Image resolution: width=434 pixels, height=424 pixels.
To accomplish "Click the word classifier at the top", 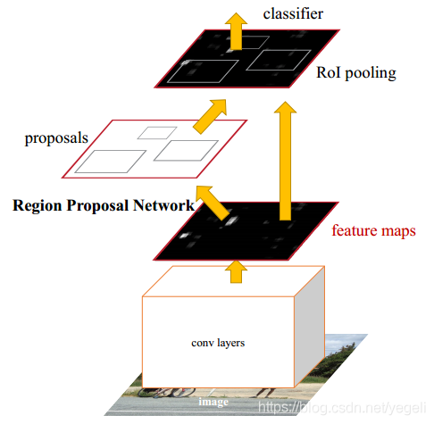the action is [x=293, y=13].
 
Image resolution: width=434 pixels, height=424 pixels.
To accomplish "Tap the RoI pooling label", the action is [x=356, y=73].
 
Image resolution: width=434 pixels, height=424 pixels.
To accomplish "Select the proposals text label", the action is [x=56, y=138].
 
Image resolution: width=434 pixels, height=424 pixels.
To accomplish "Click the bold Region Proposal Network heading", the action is [x=104, y=205].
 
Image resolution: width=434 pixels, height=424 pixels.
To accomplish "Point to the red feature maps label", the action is [x=373, y=230].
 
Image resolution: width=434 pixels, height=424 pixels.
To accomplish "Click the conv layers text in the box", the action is [x=218, y=343].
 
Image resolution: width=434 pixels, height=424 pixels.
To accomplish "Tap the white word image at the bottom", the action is [x=213, y=402].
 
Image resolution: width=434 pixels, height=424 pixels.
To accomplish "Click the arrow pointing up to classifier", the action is [x=236, y=31].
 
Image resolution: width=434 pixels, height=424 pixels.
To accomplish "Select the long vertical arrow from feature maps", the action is [x=285, y=161].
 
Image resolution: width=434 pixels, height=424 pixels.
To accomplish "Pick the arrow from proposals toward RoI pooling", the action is [x=211, y=115].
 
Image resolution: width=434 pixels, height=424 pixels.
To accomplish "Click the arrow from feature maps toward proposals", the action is [x=212, y=203].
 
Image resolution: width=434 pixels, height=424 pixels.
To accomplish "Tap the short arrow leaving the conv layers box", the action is [x=236, y=271].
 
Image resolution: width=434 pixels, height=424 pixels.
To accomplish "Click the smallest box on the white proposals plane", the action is [x=157, y=133].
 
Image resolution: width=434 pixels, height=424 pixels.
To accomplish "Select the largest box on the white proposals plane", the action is [x=110, y=162].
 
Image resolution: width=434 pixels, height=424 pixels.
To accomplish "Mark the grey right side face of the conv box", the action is [x=310, y=327].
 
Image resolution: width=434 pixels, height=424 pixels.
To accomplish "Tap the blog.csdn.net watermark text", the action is [x=342, y=408].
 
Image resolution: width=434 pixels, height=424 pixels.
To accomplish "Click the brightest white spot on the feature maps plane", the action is [x=232, y=220].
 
